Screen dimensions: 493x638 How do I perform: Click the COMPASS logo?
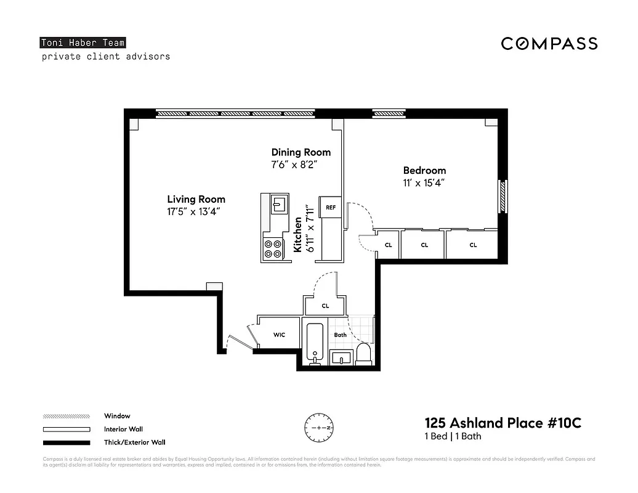[549, 43]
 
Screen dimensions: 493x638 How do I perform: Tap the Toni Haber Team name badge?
[83, 43]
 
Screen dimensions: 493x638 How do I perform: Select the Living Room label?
[196, 199]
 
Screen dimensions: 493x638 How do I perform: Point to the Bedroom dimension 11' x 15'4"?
[424, 182]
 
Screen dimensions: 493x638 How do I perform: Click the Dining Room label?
[301, 152]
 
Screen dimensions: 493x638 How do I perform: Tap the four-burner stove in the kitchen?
[273, 248]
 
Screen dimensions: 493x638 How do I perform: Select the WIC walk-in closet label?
[279, 335]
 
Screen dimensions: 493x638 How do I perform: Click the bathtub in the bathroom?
[315, 343]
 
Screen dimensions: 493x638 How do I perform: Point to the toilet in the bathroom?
[364, 354]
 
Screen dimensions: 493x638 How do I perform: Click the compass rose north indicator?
[318, 427]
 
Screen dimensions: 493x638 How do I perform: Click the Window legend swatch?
[67, 416]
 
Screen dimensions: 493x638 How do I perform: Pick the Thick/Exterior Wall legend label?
[134, 442]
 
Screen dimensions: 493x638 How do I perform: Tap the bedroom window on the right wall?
[503, 197]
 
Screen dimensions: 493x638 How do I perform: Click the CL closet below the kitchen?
[325, 305]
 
